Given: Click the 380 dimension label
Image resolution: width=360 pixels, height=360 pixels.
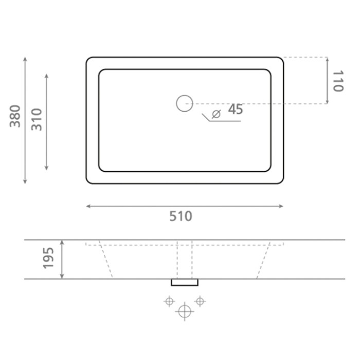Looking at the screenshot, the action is (15, 116).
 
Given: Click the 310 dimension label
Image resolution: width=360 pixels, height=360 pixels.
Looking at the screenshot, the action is (37, 119).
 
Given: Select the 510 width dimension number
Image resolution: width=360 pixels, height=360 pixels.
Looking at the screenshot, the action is (181, 217).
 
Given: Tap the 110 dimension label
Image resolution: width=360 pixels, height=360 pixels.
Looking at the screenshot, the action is (338, 81).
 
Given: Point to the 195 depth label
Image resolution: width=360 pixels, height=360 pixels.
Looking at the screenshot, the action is (48, 258).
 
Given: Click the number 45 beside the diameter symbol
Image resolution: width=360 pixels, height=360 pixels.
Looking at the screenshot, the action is (236, 109).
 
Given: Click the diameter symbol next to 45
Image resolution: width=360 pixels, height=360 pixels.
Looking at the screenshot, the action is (216, 114).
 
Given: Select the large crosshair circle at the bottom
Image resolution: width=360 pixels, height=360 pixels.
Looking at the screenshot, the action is (185, 312).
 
